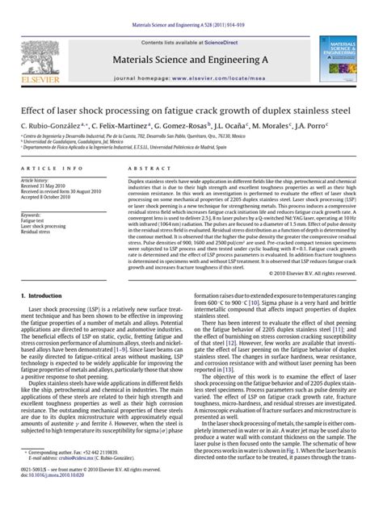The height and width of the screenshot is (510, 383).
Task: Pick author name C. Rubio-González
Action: [49, 127]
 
